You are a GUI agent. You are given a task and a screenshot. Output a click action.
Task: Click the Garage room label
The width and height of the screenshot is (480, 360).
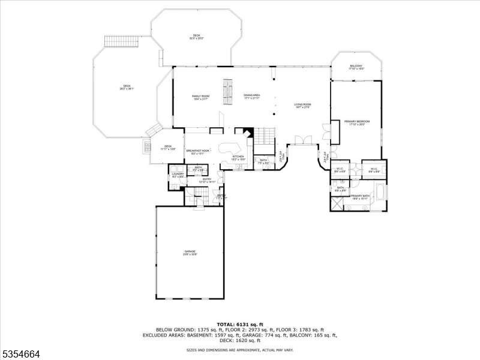tap(190, 253)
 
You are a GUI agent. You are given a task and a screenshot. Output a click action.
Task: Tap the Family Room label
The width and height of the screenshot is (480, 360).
tap(200, 97)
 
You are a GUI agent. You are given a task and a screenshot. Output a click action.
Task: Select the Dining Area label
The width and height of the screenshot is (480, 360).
tap(251, 97)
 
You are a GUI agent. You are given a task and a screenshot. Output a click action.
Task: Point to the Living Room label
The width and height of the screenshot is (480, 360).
tap(302, 106)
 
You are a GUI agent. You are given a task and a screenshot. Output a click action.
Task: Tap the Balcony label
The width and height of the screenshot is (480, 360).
tap(356, 68)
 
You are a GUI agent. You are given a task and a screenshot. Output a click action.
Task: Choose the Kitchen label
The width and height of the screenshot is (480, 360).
tap(238, 157)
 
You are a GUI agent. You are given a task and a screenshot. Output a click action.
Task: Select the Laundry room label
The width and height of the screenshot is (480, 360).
tap(178, 175)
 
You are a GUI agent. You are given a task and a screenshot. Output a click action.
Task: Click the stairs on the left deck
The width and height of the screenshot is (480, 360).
tap(113, 41)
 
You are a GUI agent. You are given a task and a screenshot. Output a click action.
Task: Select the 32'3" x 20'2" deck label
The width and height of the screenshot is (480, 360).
tap(196, 37)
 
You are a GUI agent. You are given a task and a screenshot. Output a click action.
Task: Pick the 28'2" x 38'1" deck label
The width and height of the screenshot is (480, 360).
tap(127, 87)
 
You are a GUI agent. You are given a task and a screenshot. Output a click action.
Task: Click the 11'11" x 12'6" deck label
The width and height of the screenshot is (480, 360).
tap(168, 148)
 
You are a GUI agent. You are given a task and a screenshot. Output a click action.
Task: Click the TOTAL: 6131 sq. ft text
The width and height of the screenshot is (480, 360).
tap(239, 324)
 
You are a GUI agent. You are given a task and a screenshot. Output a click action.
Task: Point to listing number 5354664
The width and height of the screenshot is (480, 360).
tap(20, 354)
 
